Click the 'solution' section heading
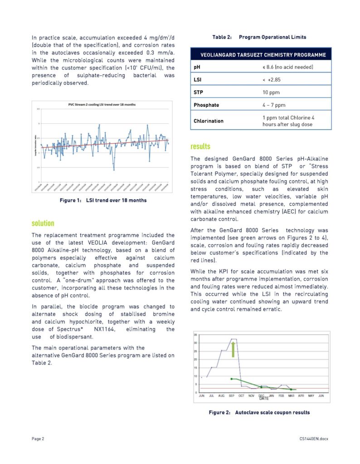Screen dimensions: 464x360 coord(43,223)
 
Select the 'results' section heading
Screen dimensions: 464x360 coord(200,146)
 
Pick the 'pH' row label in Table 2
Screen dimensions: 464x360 coord(197,67)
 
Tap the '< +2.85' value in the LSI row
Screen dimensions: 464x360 coord(271,80)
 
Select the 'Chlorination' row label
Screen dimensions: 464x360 coord(209,121)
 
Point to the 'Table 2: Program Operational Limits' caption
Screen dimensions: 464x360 coord(259,37)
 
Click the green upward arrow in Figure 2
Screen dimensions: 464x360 coord(233,349)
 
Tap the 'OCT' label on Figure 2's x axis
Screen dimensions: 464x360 coord(241,396)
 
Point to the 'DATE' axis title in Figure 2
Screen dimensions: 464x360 coord(264,399)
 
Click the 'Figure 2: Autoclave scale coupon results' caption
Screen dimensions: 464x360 coord(259,413)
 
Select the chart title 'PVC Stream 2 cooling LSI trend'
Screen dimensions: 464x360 coord(98,104)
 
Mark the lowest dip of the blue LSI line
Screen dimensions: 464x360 coord(114,169)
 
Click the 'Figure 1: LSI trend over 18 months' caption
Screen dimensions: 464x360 coord(103,200)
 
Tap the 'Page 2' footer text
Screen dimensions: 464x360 coord(38,439)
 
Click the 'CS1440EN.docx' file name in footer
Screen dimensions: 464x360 coord(313,439)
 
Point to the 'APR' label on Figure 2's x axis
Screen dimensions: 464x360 coord(301,396)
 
